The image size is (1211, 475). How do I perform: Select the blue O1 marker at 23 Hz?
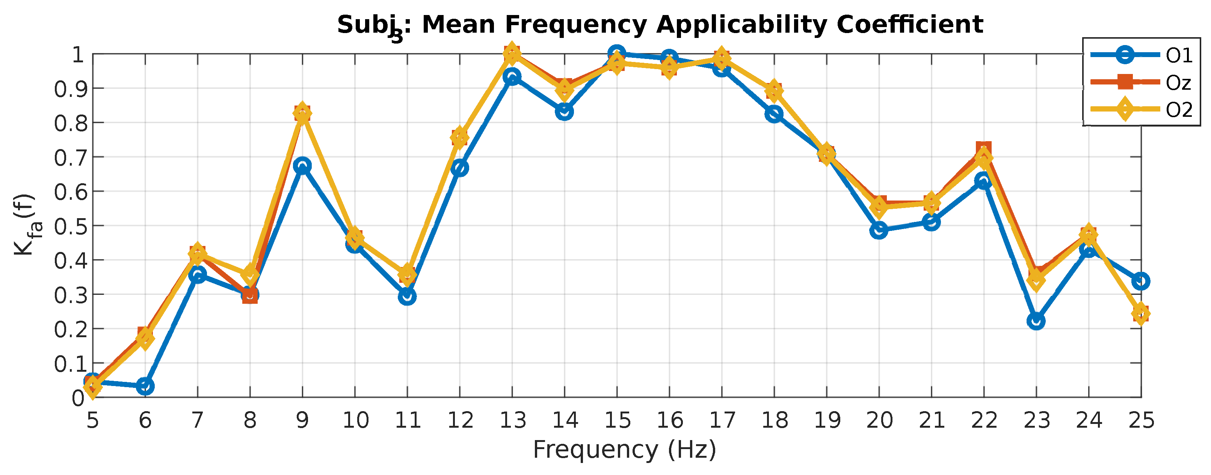[1036, 321]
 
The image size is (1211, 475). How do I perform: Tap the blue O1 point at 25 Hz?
[1140, 281]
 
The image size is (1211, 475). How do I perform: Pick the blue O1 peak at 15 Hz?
[617, 54]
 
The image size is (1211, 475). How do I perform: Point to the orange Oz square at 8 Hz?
[250, 296]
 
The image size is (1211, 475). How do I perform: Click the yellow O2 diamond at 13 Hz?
[512, 53]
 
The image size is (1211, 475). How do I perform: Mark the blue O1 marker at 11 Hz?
[407, 297]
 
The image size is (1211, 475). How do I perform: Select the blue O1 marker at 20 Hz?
[879, 230]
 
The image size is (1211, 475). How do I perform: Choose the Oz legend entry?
[1178, 83]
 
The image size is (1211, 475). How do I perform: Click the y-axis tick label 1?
[78, 55]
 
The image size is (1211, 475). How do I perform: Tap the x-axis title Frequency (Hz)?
[624, 449]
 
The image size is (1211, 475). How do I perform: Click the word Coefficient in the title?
[909, 24]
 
